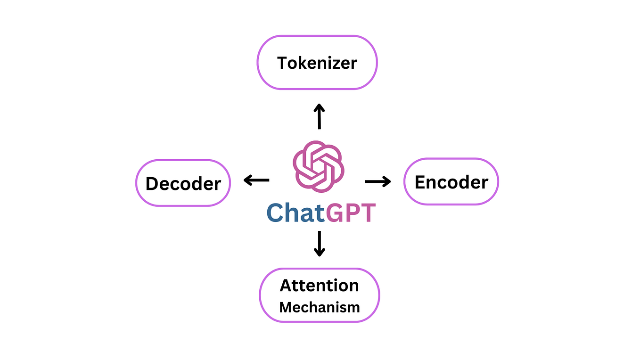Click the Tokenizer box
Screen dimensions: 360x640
317,62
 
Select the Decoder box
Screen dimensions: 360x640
183,183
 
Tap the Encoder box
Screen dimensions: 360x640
451,181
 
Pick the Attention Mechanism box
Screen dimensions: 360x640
320,295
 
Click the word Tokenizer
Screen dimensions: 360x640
317,63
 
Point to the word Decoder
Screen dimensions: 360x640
183,183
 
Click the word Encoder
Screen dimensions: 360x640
451,182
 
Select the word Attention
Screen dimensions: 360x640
320,286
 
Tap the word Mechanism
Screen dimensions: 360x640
320,307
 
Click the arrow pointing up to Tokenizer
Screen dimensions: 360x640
320,116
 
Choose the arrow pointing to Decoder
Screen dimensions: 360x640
256,180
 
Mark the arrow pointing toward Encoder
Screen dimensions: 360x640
378,181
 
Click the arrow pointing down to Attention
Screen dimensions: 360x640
320,244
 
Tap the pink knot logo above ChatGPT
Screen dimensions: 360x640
319,166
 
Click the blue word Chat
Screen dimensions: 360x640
296,213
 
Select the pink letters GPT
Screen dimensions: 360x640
351,213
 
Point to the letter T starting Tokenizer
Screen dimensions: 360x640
282,63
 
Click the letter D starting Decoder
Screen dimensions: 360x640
152,183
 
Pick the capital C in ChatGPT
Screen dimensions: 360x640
275,213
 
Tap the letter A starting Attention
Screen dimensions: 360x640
286,286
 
